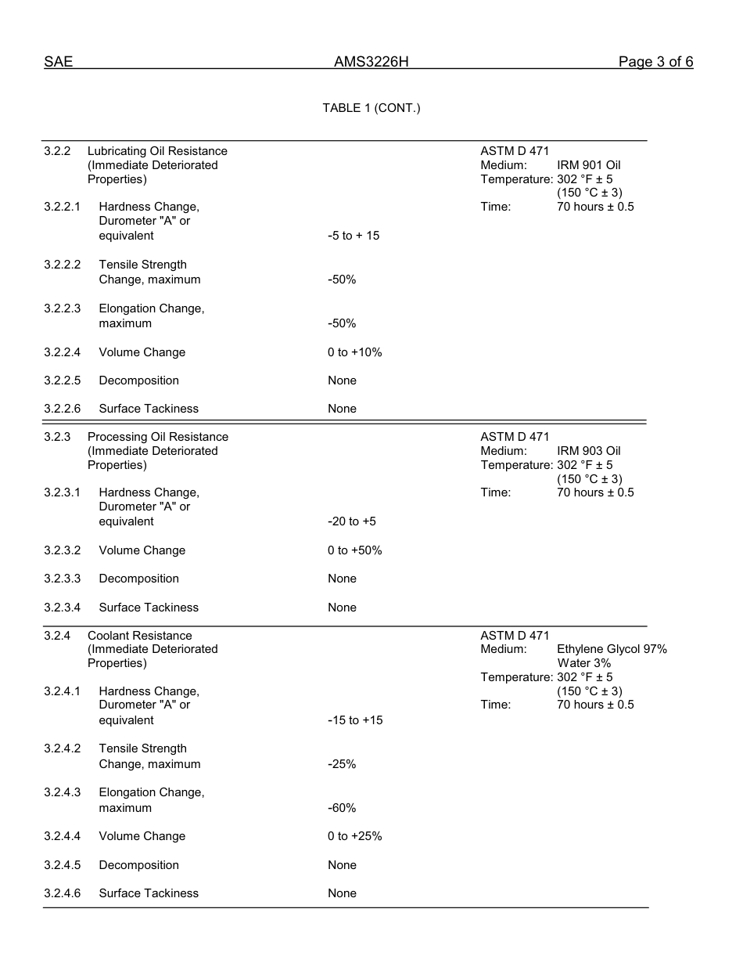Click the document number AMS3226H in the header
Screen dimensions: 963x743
(371, 62)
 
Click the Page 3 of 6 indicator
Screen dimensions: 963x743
(655, 62)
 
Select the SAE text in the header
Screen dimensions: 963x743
(58, 62)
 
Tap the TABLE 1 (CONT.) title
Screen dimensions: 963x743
(371, 108)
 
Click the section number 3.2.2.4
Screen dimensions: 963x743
(62, 352)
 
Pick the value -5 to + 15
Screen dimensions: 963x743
(354, 236)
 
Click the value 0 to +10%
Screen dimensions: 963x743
(354, 352)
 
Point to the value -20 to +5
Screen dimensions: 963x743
(351, 521)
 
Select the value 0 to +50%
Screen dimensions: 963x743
(354, 550)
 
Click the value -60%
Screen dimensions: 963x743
(342, 808)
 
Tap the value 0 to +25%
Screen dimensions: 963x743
(354, 836)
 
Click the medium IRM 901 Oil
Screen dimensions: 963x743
(588, 165)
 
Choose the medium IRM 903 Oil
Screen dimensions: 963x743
(588, 451)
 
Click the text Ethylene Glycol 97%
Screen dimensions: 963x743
(612, 649)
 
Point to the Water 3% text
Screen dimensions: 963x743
(583, 663)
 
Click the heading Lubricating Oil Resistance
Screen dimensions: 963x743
(157, 151)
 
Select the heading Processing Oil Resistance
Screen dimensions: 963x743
(158, 437)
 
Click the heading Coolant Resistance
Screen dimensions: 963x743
(139, 636)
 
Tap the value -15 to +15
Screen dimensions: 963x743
(355, 720)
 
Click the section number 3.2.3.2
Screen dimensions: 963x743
(62, 550)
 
